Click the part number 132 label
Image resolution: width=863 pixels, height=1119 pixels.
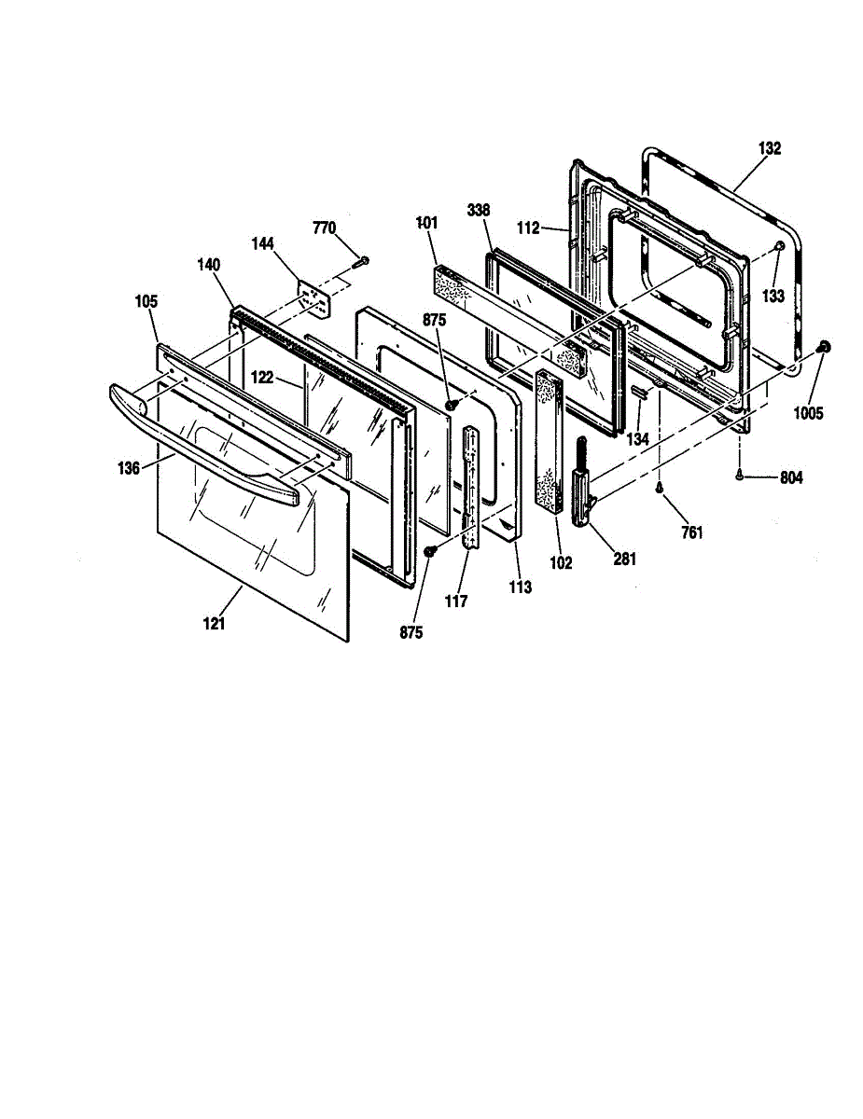point(770,148)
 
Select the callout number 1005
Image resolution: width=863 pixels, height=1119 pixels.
point(809,413)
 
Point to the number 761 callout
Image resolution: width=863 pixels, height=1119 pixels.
point(691,532)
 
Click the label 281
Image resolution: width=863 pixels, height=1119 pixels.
point(623,559)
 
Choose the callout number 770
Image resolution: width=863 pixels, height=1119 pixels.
point(324,228)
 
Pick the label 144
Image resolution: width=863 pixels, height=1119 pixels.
point(262,243)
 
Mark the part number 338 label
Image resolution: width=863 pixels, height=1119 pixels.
point(480,210)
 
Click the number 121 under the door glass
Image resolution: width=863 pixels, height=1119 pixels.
point(214,624)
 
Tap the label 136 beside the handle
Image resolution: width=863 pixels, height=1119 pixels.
point(129,468)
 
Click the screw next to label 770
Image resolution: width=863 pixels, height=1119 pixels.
point(362,260)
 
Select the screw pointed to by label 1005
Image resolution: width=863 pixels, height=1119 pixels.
point(824,347)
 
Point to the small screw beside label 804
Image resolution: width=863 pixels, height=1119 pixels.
point(739,477)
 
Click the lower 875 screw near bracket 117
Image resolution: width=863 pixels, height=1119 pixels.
point(430,552)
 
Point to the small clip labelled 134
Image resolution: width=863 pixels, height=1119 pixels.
point(640,392)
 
